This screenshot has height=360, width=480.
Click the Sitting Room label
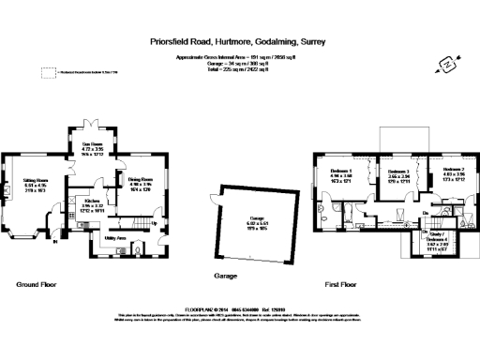tap(36, 180)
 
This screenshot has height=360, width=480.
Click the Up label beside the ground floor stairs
tap(153, 224)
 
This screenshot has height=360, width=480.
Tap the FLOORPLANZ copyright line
tap(240, 306)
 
